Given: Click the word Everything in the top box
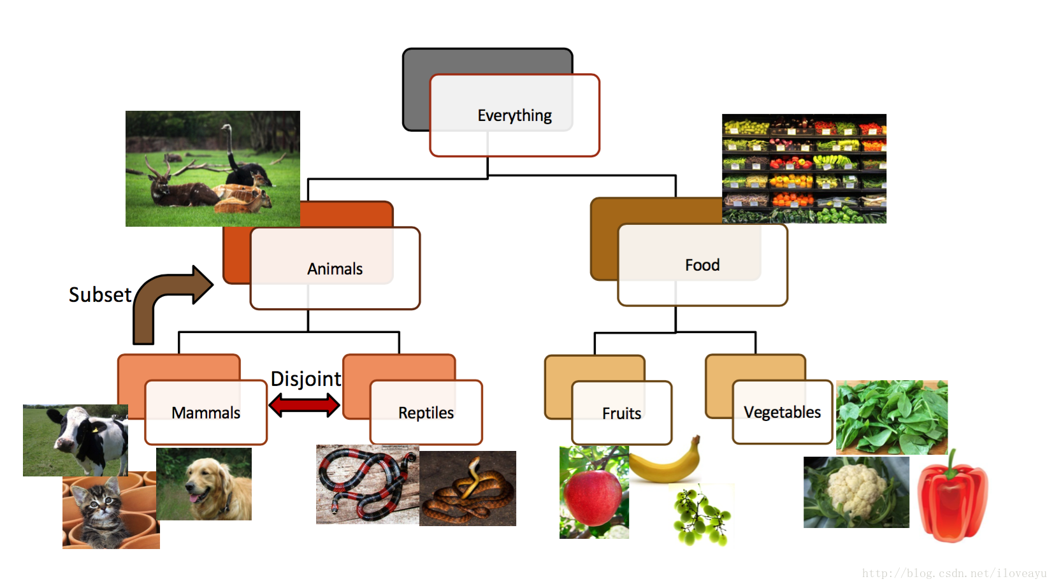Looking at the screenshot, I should pos(514,115).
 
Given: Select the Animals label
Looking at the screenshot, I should pos(335,269).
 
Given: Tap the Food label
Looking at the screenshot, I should pos(702,265).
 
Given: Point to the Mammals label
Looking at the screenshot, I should pos(206,413).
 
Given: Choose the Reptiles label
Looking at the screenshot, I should pos(426,413).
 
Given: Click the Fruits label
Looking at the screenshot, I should pos(621,413).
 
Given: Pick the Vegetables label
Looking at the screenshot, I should pos(782,412).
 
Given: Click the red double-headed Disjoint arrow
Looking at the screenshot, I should pos(304,405).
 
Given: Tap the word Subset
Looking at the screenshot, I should pos(100,295).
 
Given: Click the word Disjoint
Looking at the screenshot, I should pos(306,379).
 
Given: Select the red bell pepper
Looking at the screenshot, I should pos(952,501).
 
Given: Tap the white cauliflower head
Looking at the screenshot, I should pos(854,490).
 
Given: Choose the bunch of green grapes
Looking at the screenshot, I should pos(700,517).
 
